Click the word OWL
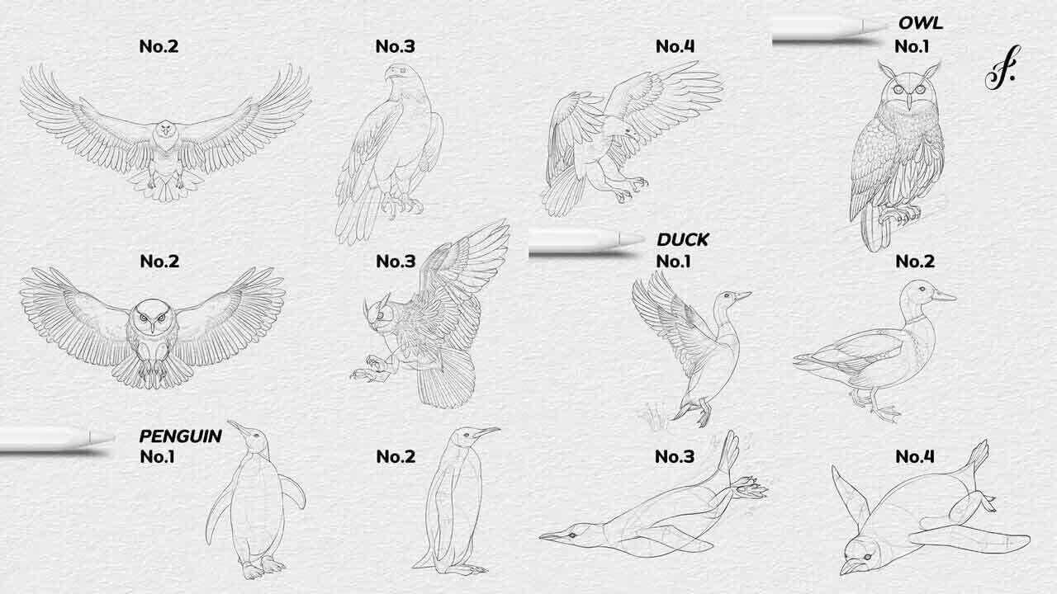921,23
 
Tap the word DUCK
683,240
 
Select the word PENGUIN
180,436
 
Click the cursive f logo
1002,68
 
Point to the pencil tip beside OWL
880,26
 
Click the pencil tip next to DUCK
633,240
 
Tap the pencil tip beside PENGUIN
102,438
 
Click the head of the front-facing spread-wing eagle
166,134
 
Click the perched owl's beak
909,101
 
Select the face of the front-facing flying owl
152,318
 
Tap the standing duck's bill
944,296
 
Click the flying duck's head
728,299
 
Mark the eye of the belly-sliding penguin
572,535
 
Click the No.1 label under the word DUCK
673,262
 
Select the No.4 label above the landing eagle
675,46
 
